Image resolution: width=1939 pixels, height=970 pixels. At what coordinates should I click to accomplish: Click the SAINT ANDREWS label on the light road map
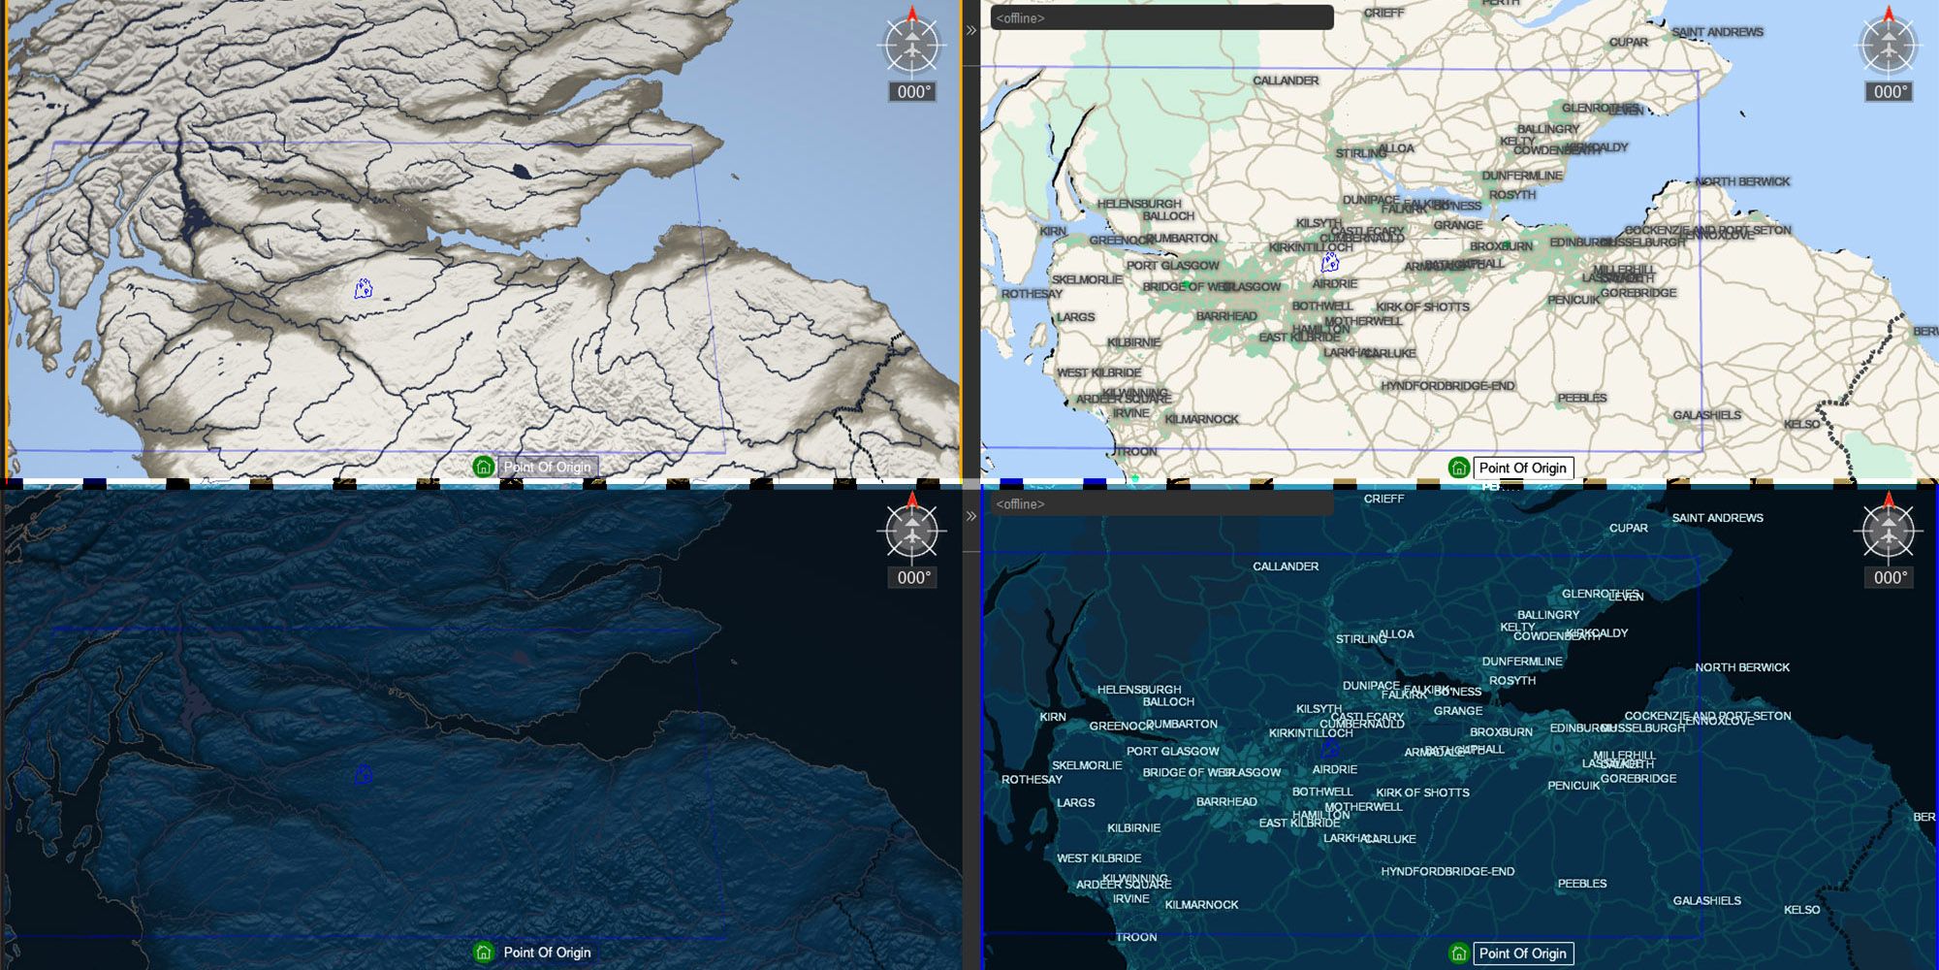pyautogui.click(x=1717, y=32)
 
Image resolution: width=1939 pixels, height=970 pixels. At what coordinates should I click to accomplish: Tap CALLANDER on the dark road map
pyautogui.click(x=1286, y=566)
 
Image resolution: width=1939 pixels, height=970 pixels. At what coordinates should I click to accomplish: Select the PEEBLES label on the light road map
pyautogui.click(x=1582, y=398)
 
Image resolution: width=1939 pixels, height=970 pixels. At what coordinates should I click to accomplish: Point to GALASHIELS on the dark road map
pyautogui.click(x=1706, y=901)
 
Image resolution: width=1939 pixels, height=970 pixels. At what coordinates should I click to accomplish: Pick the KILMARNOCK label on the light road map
pyautogui.click(x=1201, y=419)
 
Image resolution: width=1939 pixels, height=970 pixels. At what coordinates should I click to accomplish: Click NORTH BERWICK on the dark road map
pyautogui.click(x=1742, y=667)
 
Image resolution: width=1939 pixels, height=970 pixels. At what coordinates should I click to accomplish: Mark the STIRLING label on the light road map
pyautogui.click(x=1360, y=153)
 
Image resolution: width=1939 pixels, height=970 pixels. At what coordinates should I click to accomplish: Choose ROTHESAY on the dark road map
pyautogui.click(x=1032, y=780)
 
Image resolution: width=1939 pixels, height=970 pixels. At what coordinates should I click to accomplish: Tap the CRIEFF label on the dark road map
pyautogui.click(x=1383, y=499)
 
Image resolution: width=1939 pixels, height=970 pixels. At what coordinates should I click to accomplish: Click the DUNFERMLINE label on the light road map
pyautogui.click(x=1522, y=176)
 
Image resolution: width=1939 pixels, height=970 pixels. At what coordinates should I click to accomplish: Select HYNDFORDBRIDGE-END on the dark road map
pyautogui.click(x=1447, y=872)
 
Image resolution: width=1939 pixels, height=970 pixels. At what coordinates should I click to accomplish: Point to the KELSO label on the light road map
pyautogui.click(x=1801, y=424)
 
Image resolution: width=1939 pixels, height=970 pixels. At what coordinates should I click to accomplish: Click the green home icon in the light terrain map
pyautogui.click(x=483, y=467)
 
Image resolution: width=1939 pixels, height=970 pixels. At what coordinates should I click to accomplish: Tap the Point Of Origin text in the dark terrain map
pyautogui.click(x=547, y=953)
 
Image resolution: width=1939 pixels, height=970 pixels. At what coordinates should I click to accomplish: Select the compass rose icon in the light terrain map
pyautogui.click(x=912, y=46)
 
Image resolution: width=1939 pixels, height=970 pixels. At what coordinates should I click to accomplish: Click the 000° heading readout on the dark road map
pyautogui.click(x=1890, y=578)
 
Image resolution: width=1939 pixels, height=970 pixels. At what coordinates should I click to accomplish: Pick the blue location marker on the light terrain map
pyautogui.click(x=364, y=288)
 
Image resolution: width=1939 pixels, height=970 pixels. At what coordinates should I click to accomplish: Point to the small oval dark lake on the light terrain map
pyautogui.click(x=522, y=172)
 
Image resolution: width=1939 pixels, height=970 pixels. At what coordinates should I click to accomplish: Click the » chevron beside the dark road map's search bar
pyautogui.click(x=971, y=516)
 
